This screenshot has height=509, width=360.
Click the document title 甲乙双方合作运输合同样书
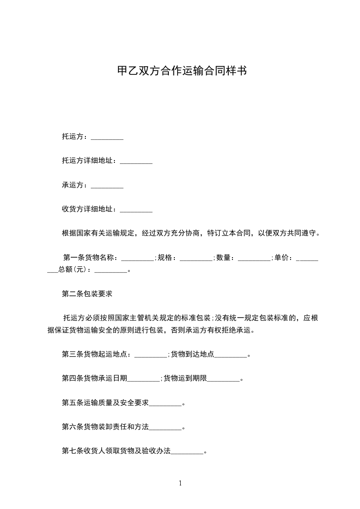pos(182,71)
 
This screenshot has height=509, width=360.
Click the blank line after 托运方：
pos(107,137)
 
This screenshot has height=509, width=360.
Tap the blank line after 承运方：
pos(107,186)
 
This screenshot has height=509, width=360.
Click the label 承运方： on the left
pos(76,185)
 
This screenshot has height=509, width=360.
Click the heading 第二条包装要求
pos(87,294)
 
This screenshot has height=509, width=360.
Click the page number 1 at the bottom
pos(180,484)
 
